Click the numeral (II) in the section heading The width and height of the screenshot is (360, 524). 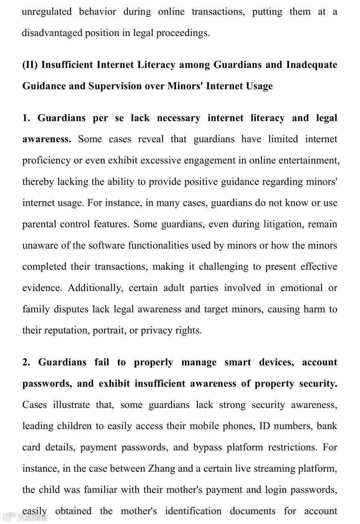[x=30, y=65]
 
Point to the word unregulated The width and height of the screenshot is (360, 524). [x=47, y=12]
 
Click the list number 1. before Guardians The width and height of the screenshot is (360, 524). [x=26, y=118]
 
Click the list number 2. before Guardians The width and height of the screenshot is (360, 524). [x=26, y=362]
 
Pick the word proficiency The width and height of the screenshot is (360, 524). [x=46, y=161]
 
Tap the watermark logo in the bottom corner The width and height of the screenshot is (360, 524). [x=25, y=517]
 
